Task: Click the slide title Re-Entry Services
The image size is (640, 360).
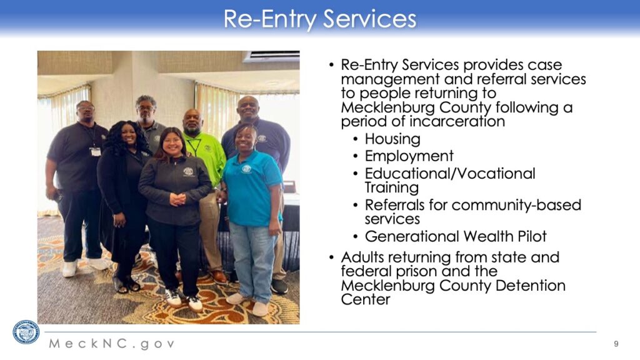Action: tap(319, 19)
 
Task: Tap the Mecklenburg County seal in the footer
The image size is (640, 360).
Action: tap(26, 332)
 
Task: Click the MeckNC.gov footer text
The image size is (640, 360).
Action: tap(112, 344)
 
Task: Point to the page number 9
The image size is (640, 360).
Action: tap(616, 344)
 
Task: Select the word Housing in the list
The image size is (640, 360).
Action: tap(392, 139)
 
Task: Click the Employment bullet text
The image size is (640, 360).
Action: tap(409, 156)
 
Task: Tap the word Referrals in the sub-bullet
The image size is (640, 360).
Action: tap(394, 205)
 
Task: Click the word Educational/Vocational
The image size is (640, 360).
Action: tap(450, 174)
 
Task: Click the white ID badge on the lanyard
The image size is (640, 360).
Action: tap(95, 151)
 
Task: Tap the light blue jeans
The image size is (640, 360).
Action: tap(252, 261)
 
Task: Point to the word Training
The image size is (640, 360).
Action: tap(391, 187)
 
